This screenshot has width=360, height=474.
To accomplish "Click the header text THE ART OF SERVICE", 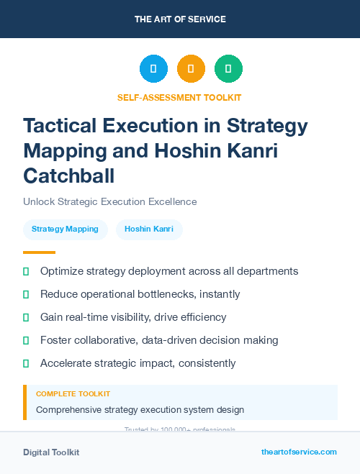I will [x=180, y=19].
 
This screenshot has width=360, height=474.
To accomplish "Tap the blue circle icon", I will [x=153, y=69].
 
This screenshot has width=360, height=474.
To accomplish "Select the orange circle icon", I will [x=191, y=69].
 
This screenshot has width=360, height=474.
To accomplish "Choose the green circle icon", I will [x=228, y=69].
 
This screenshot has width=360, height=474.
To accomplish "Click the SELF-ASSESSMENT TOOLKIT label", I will [x=179, y=97].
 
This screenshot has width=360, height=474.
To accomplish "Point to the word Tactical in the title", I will [x=63, y=126].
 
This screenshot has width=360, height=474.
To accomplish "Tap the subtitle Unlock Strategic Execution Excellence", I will [x=109, y=202].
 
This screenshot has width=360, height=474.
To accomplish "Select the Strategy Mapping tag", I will [x=65, y=229].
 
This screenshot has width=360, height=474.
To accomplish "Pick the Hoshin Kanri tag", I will [x=149, y=229].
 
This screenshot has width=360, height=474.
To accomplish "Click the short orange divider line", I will [x=39, y=252].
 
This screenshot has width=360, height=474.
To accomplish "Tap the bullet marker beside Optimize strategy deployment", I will [x=26, y=272].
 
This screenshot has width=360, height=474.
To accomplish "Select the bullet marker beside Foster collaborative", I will [x=26, y=340].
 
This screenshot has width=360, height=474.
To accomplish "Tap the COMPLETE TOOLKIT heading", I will [x=73, y=394].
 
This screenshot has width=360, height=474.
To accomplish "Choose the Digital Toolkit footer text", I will [x=51, y=452].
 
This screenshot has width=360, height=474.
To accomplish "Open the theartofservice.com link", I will [x=299, y=452].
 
